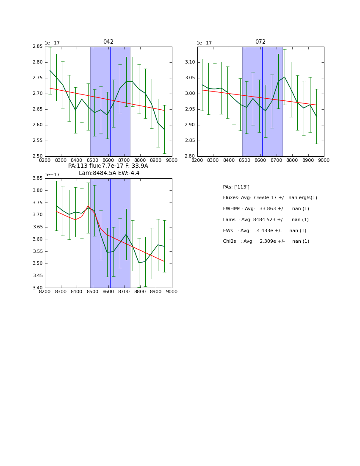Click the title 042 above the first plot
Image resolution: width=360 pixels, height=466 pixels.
[x=108, y=42]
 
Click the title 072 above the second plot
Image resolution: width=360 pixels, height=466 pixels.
[x=260, y=42]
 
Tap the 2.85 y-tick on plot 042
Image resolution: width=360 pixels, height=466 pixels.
[x=38, y=47]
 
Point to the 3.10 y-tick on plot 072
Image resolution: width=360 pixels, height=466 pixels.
[x=190, y=62]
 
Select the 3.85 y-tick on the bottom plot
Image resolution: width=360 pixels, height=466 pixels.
[x=38, y=178]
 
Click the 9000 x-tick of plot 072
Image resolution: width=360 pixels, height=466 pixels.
[x=324, y=161]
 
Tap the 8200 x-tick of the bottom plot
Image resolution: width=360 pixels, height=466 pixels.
[x=45, y=292]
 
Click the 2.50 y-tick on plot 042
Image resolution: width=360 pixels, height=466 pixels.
[x=38, y=156]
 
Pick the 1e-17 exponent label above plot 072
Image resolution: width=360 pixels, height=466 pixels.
[x=205, y=43]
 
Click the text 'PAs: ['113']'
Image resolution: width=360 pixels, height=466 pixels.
[x=236, y=187]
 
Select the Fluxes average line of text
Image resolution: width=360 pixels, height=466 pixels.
[x=270, y=198]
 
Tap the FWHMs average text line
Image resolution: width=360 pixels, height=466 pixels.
[x=266, y=209]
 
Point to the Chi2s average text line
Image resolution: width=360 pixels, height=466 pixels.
[x=266, y=241]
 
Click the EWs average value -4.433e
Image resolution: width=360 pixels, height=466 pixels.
[x=268, y=230]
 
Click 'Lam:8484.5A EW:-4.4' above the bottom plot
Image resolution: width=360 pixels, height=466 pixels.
[x=109, y=173]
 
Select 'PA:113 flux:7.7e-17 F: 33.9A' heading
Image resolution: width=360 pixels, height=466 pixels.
[x=108, y=166]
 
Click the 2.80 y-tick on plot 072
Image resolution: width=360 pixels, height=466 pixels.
[x=190, y=156]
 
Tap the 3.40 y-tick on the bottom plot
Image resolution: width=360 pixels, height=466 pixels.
[x=38, y=288]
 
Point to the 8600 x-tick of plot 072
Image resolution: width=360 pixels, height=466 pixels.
[x=260, y=161]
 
